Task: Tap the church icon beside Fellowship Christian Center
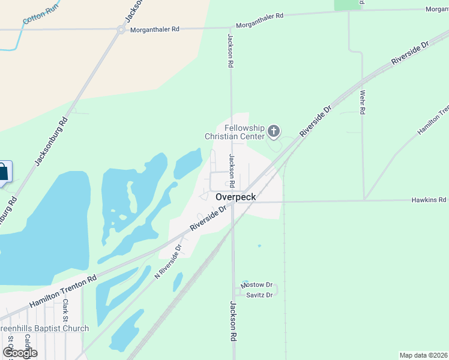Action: click(274, 131)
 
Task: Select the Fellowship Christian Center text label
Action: click(235, 132)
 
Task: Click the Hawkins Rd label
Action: click(428, 199)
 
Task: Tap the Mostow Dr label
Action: click(256, 285)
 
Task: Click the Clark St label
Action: click(65, 310)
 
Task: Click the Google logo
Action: click(20, 353)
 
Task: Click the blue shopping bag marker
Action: click(3, 173)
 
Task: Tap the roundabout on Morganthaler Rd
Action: click(121, 29)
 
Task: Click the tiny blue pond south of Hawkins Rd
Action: click(259, 245)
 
